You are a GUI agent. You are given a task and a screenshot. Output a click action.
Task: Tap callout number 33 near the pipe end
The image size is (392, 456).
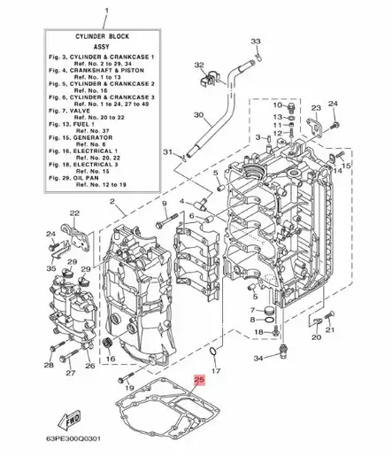[256, 42]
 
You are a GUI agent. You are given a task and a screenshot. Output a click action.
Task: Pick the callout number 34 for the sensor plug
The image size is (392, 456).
[257, 359]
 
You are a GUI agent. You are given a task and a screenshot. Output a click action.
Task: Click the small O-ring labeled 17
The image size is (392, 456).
[215, 355]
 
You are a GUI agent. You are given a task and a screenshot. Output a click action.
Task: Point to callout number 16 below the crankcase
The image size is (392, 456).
[112, 359]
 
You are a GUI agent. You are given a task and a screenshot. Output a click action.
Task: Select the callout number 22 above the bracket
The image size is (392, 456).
[75, 213]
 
